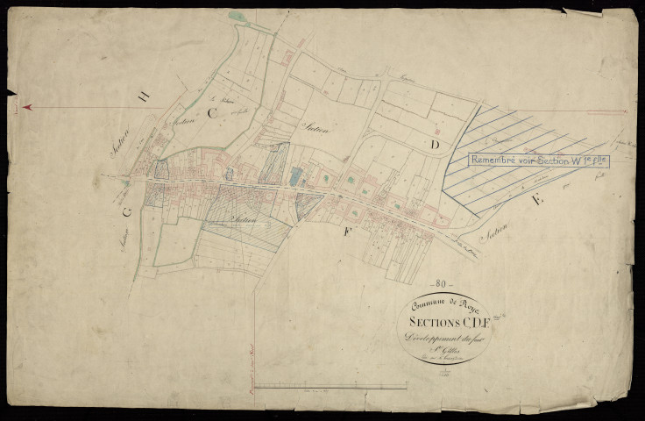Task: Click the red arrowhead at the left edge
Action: point(27,107)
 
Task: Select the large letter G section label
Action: point(128,210)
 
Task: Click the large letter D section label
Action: point(432,143)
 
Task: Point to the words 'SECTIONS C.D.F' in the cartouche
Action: point(442,321)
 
